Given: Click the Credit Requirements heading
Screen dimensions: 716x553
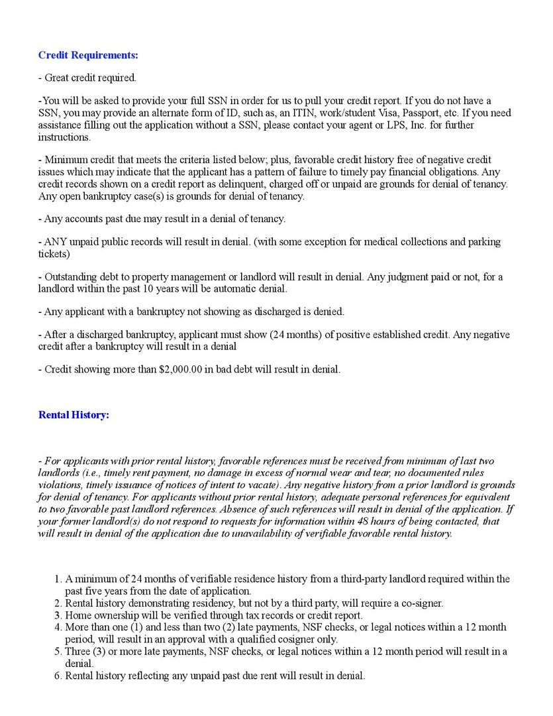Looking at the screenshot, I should coord(88,55).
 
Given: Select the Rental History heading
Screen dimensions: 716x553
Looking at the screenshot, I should coord(74,415).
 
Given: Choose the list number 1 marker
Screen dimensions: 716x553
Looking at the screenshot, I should coord(58,579).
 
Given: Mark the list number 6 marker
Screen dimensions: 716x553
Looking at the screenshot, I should coord(58,676).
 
